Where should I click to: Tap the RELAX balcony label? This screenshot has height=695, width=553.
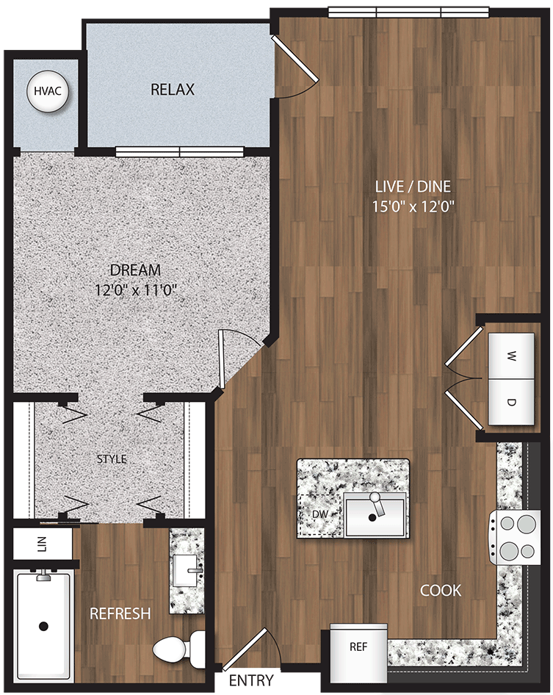173,90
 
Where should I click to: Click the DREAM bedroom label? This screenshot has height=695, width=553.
135,270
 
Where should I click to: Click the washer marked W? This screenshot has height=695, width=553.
511,356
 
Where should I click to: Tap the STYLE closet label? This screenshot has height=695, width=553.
112,459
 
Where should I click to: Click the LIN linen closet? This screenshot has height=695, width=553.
43,544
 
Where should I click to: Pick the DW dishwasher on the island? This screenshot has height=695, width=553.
319,513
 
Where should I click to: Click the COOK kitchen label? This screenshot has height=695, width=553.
441,590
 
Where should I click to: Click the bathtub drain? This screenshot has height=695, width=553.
43,626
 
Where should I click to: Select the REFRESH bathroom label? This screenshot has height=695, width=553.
120,613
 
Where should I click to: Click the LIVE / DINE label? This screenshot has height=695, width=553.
413,186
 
